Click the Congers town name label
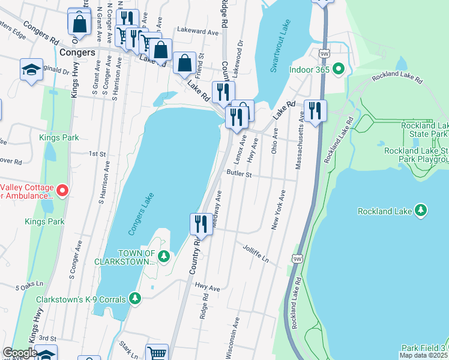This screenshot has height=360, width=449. [x=77, y=53]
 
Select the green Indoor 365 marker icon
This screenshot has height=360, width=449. [x=338, y=70]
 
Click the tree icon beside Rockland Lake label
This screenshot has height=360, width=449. [x=421, y=211]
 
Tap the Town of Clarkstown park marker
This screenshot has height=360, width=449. [x=164, y=257]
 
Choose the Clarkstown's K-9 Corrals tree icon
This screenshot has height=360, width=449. [x=135, y=298]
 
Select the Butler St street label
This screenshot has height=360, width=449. [x=238, y=173]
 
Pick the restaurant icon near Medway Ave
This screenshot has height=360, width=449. [x=200, y=224]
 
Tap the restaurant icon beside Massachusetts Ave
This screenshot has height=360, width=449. [x=314, y=110]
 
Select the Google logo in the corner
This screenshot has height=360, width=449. [x=20, y=353]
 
